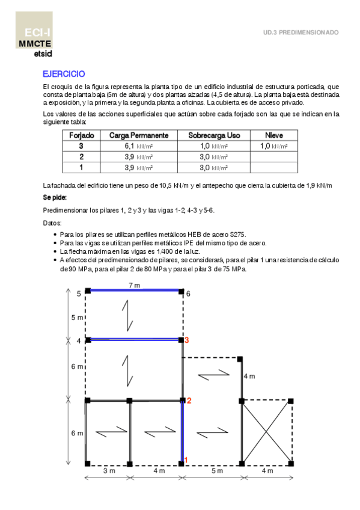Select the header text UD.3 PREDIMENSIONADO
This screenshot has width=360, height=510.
click(x=301, y=32)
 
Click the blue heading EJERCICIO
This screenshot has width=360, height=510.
click(x=63, y=74)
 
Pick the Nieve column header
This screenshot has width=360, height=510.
click(x=273, y=135)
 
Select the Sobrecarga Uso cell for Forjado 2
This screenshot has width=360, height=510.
click(x=213, y=157)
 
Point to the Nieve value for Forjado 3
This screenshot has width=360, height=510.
click(x=273, y=146)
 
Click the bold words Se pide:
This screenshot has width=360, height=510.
click(x=55, y=197)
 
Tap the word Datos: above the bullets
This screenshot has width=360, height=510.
click(x=52, y=223)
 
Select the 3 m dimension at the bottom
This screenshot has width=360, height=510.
click(x=108, y=472)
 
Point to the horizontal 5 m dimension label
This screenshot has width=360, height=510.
click(x=212, y=472)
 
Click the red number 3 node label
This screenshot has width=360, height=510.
click(x=188, y=340)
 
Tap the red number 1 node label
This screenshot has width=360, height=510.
click(x=186, y=461)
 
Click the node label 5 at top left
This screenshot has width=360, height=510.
click(x=78, y=293)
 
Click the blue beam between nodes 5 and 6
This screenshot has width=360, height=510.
click(x=134, y=290)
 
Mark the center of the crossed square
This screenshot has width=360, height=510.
click(x=267, y=432)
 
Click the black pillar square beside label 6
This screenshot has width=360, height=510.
click(x=182, y=290)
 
